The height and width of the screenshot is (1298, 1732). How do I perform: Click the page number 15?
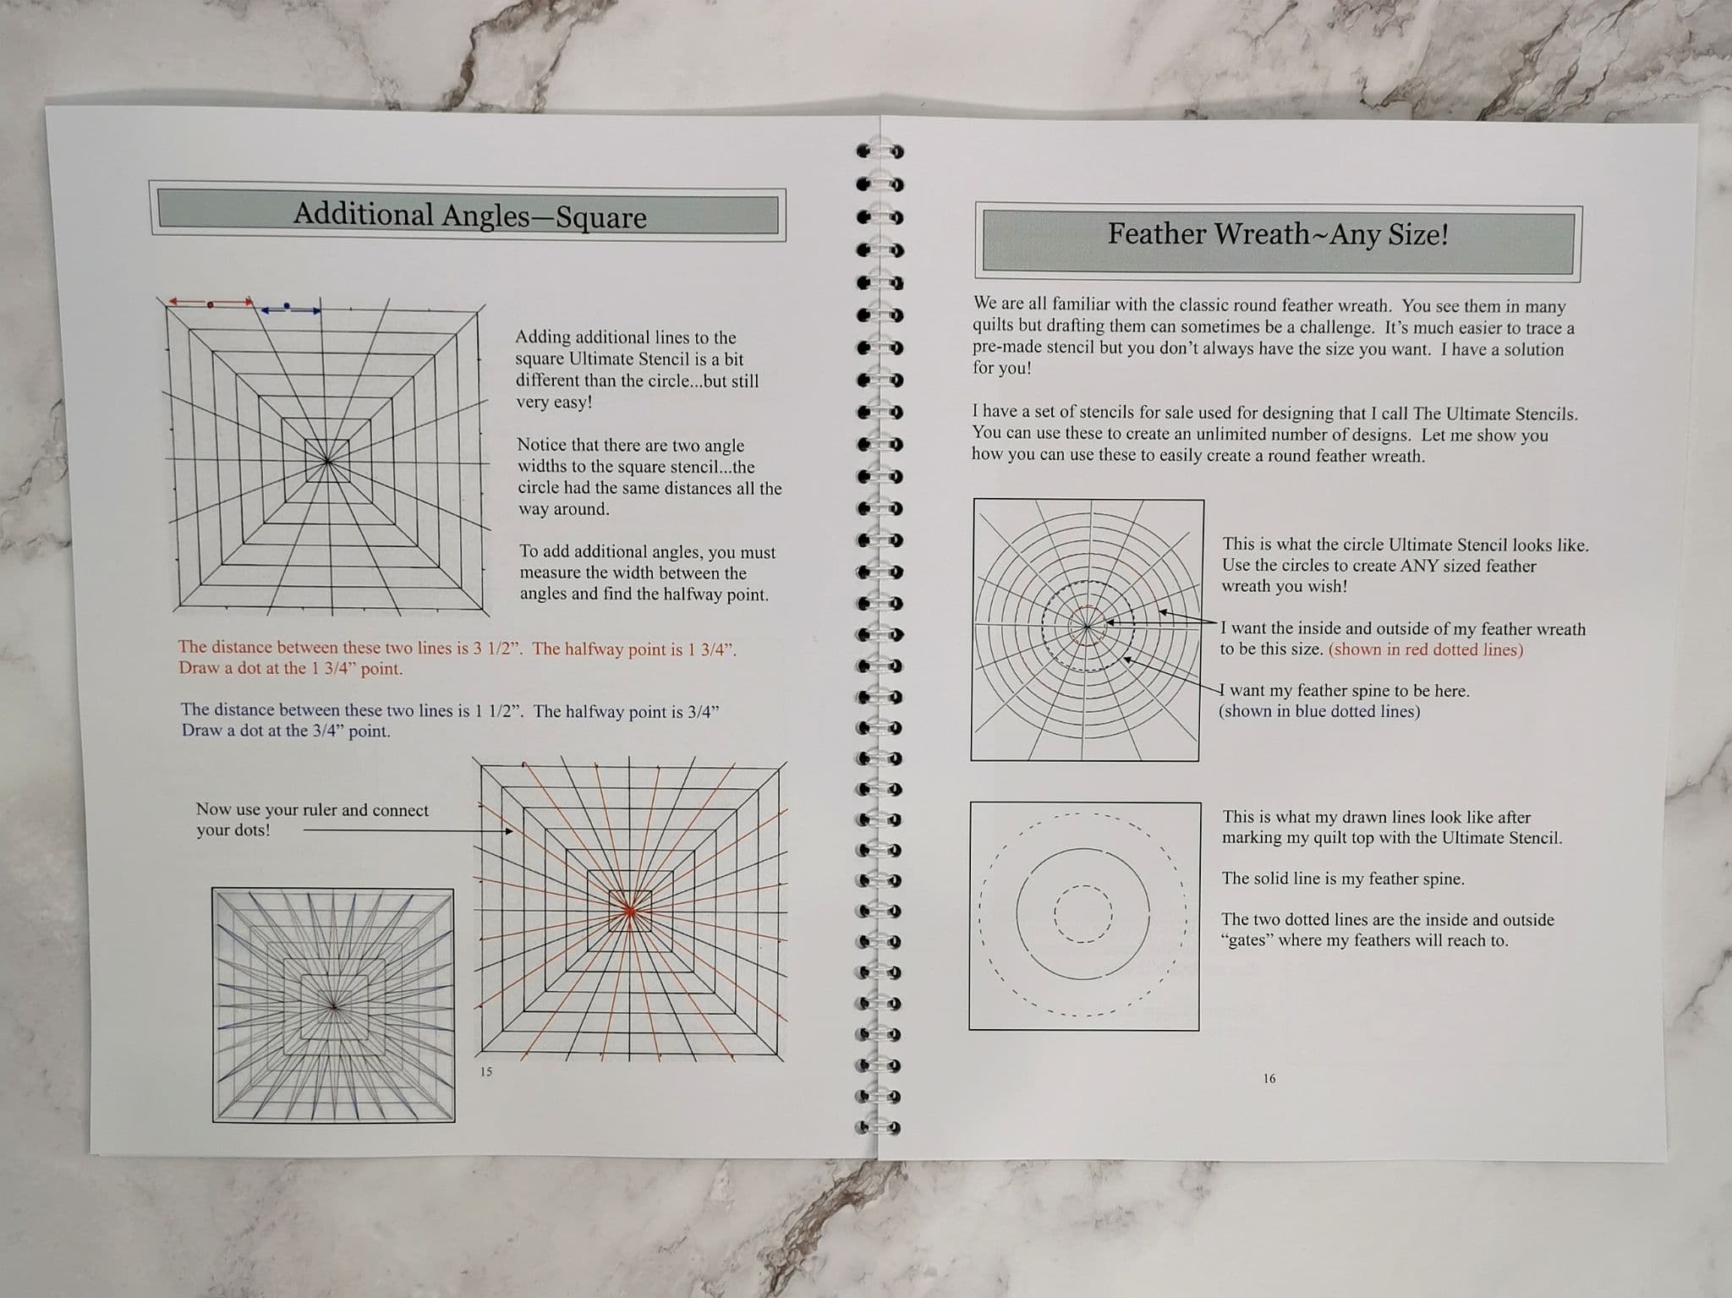point(485,1071)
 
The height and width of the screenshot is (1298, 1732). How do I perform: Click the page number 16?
point(1269,1078)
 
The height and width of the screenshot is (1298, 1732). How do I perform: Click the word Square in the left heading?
point(600,217)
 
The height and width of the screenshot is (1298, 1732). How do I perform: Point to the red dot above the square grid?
point(211,304)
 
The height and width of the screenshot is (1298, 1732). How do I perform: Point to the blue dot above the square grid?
point(287,305)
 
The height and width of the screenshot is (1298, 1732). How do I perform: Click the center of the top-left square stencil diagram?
point(327,461)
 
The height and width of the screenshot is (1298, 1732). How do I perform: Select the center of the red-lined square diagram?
point(629,910)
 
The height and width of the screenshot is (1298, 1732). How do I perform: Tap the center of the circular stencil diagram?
point(1087,626)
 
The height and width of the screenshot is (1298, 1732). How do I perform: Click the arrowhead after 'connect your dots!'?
point(509,831)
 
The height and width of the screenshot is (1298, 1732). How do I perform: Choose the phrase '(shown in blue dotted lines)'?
point(1319,711)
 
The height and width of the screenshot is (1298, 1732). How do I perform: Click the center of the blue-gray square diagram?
point(333,1005)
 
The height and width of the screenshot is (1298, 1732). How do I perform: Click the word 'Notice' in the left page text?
point(543,445)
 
